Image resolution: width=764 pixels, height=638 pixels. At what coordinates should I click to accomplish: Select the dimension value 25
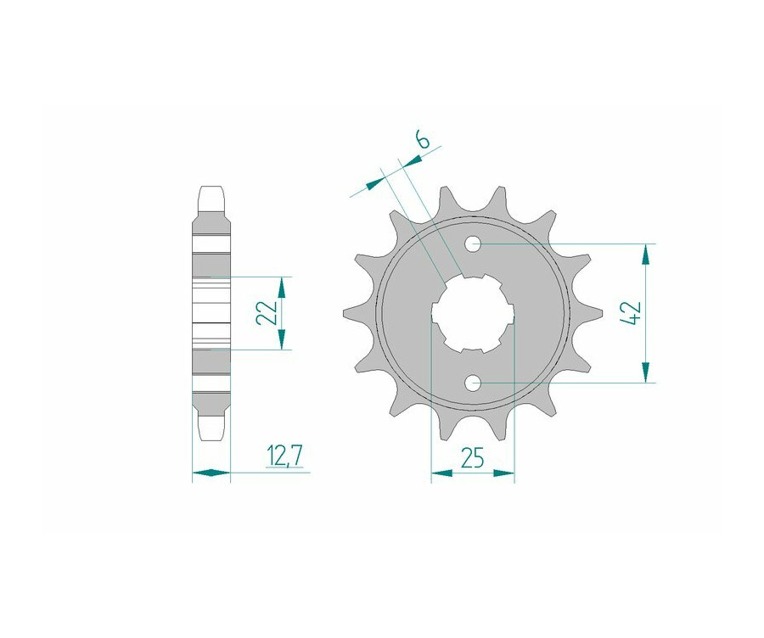[472, 458]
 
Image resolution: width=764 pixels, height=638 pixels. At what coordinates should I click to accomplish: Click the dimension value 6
[423, 140]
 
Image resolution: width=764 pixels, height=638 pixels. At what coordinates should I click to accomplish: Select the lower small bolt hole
[473, 383]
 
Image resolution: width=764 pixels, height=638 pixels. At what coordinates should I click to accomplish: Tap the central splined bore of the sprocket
[473, 313]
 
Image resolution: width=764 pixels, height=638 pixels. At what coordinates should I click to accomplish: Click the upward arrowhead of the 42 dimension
[646, 255]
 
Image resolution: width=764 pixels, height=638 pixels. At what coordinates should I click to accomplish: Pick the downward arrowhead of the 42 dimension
[646, 372]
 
